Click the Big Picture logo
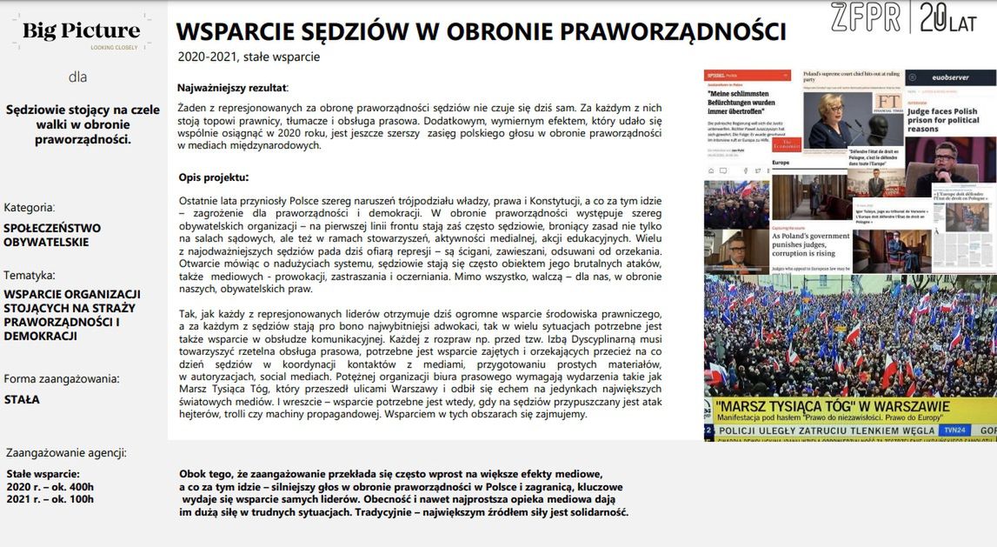(81, 33)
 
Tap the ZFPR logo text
(865, 18)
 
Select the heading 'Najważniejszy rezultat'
(232, 88)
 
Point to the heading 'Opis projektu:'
(214, 177)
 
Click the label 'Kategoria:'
(30, 208)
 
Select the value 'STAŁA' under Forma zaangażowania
(22, 400)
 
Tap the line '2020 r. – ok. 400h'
(50, 487)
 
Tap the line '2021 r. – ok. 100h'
(50, 499)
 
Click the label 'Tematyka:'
(30, 275)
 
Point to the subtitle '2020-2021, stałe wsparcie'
(249, 57)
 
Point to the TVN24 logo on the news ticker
(956, 430)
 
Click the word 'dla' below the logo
(78, 77)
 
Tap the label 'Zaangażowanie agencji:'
(66, 452)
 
